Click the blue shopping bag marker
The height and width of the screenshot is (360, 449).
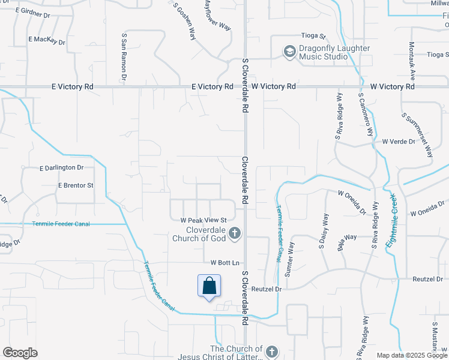pos(209,286)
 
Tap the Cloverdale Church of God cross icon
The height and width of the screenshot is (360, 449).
pos(235,232)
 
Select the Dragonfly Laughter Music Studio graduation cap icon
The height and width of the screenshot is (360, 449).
pos(290,52)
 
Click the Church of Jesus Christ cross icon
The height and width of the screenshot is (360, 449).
pos(271,352)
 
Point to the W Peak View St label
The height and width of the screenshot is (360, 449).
pos(203,221)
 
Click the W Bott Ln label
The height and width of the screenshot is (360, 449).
pos(224,263)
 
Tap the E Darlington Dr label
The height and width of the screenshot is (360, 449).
pos(61,168)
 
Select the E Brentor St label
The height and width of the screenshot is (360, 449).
pos(76,186)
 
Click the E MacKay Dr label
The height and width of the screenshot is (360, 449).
pos(47,40)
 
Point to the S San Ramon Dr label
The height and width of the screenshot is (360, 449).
pos(124,57)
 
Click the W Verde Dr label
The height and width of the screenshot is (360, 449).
pos(399,142)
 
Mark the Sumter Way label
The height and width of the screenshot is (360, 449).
pos(291,259)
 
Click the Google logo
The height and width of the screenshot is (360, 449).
pos(20,353)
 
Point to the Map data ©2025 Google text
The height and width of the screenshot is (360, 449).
pos(411,355)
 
